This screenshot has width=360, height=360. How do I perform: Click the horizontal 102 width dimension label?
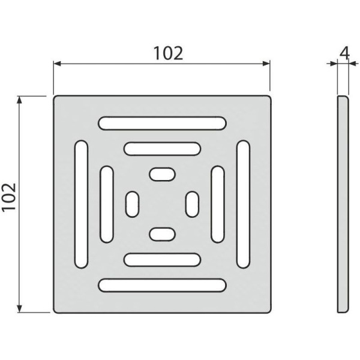(x=168, y=53)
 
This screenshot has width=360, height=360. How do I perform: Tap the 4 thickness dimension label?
(x=344, y=53)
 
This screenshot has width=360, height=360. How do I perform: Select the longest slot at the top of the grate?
(x=163, y=123)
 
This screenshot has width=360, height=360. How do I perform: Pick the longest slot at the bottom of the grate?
(x=163, y=285)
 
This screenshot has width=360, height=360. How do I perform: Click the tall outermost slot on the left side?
(x=81, y=204)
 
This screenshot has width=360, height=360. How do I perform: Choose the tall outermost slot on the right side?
(x=244, y=204)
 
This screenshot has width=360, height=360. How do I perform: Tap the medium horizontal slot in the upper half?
(x=162, y=149)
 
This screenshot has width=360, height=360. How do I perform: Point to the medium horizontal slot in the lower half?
(x=162, y=260)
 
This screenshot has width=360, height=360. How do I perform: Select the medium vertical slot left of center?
(x=107, y=204)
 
